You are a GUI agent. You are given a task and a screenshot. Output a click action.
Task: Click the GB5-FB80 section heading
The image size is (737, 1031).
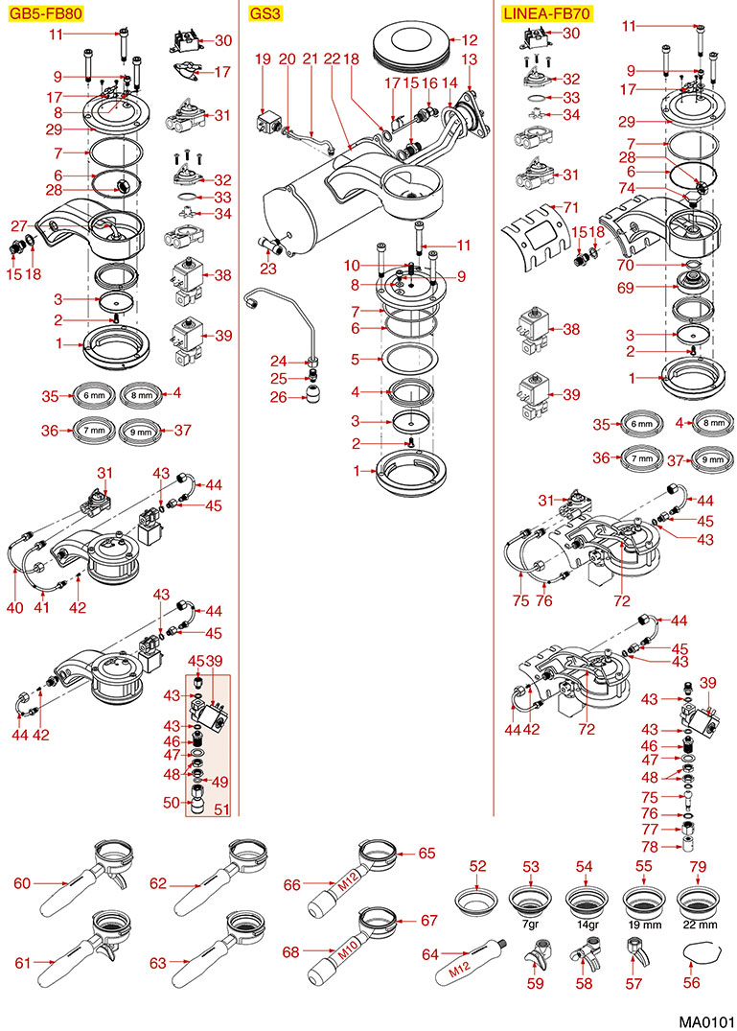45,13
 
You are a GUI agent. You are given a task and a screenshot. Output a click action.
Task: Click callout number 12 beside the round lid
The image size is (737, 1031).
470,40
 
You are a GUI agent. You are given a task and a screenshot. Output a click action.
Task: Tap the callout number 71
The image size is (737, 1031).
573,208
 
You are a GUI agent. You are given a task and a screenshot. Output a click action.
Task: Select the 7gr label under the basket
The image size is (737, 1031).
530,925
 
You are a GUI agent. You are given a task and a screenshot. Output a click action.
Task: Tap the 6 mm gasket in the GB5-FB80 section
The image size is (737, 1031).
94,394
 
